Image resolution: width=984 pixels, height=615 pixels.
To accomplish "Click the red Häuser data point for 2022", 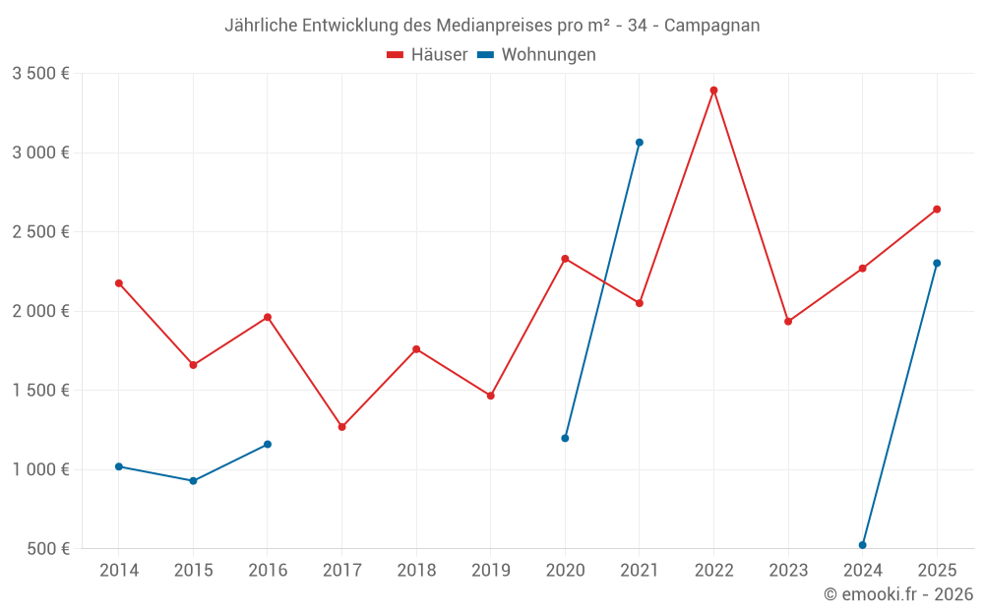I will tap(713, 91).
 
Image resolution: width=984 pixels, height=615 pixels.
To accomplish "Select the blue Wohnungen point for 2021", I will tap(640, 143).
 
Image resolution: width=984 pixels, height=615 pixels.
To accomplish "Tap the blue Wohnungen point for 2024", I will tap(863, 545).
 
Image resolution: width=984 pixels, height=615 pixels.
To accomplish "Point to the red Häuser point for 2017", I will tap(341, 427).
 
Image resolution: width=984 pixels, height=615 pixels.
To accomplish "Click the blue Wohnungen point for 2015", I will tap(193, 481).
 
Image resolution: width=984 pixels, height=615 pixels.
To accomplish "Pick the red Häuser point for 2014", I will tap(119, 283).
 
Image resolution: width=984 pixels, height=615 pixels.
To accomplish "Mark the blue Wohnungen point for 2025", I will tap(937, 263).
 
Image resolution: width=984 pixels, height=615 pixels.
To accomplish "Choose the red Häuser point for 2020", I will tap(565, 259).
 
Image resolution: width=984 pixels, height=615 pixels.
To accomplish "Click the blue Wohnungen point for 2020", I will tap(565, 438).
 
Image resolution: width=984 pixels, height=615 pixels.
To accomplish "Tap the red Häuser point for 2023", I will tap(788, 322).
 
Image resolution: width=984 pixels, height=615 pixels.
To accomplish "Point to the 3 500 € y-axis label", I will tap(40, 74).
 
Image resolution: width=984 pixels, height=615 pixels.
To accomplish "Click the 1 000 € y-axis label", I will tap(40, 469).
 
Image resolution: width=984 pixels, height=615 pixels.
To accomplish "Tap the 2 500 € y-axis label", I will tap(40, 232).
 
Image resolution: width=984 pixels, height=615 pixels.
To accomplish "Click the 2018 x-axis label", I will tap(416, 571).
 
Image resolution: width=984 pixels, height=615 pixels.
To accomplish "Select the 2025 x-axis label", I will tap(937, 571).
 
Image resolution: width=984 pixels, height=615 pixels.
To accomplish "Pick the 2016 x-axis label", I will tap(268, 571).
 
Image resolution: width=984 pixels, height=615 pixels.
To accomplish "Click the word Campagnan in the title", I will tap(711, 26).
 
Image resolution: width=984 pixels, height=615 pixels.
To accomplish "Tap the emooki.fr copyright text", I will tap(898, 594).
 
